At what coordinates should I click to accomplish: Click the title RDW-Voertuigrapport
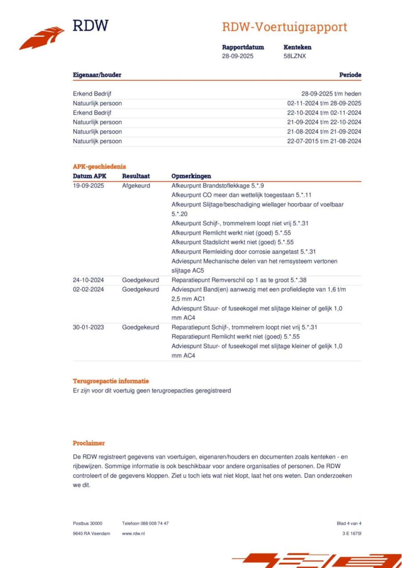pos(285,27)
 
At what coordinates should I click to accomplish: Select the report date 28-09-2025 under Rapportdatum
pos(237,56)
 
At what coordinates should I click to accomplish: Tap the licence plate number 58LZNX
pos(295,56)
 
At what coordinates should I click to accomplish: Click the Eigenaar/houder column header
pos(97,75)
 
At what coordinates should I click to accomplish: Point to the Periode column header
pos(350,75)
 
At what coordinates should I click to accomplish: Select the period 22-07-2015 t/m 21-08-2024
pos(324,141)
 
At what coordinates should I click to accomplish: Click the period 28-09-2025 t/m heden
pos(331,94)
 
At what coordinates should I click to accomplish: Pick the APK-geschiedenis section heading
pos(99,166)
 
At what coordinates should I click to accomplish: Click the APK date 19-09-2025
pos(88,186)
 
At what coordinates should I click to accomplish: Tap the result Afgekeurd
pos(136,186)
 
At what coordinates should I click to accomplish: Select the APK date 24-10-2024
pos(88,280)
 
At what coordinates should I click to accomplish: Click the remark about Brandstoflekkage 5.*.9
pos(218,186)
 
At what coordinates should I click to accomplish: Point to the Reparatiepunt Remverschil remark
pos(239,280)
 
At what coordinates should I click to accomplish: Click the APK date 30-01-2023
pos(88,327)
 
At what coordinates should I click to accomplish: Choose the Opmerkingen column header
pos(191,176)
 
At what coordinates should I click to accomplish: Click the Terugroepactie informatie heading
pos(111,381)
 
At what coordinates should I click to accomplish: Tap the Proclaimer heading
pos(89,443)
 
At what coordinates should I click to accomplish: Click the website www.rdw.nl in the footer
pos(133,534)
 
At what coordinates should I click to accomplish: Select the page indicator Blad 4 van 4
pos(349,523)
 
